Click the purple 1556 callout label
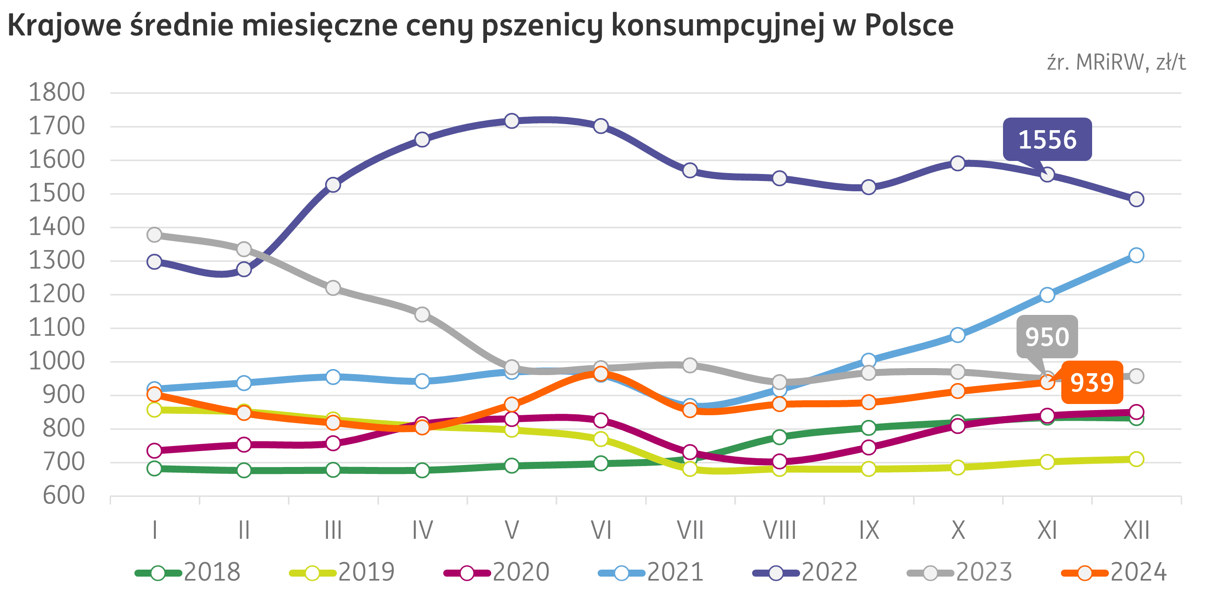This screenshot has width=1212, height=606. coord(1047,140)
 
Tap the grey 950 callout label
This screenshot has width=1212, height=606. coord(1047,337)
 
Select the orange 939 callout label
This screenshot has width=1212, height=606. coord(1092,383)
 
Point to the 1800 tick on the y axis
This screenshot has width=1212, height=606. coord(57,93)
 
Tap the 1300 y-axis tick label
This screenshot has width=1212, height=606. coord(57,261)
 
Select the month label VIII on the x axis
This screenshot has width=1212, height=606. coord(779,531)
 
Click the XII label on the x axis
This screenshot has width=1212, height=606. coord(1136,531)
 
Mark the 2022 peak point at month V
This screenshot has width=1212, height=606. coord(511,121)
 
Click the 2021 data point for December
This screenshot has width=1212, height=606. coord(1136,255)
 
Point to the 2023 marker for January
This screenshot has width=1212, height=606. coord(154,235)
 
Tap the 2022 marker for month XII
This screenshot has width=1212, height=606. coord(1136,200)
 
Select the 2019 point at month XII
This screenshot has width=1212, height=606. coord(1136,459)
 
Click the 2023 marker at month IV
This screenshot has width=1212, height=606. coord(422,314)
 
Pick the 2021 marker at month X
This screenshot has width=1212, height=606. coord(957,335)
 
